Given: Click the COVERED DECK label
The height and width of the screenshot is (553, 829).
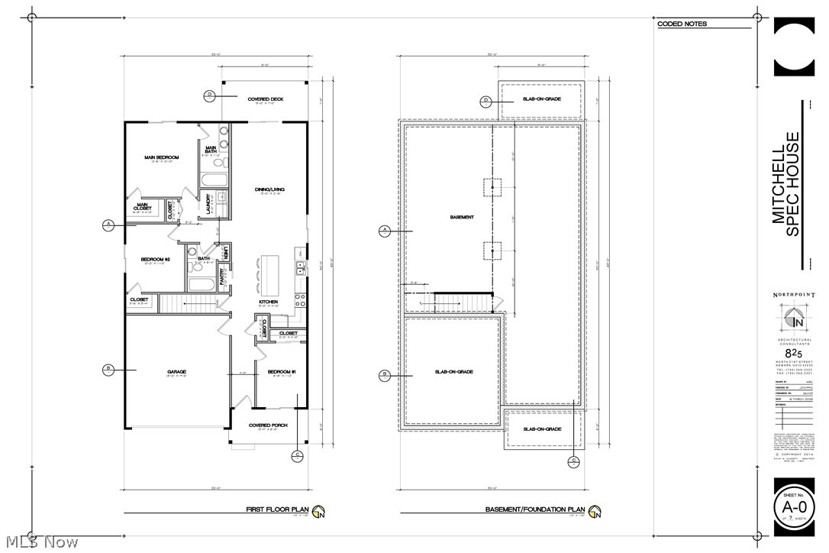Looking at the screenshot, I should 266,99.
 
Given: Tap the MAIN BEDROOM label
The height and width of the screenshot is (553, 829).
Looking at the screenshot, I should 161,158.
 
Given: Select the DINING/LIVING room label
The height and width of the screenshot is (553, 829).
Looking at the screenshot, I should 269,189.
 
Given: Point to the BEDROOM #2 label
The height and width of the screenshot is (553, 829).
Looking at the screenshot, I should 155,260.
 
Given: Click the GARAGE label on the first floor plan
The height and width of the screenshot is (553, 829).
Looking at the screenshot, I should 177,372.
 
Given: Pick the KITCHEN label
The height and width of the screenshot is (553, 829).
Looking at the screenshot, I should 268,302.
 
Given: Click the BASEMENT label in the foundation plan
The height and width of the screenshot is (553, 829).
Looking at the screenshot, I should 462,218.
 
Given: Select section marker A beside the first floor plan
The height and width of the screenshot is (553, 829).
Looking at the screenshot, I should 108,225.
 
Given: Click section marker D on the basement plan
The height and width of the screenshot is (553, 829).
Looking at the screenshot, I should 485,100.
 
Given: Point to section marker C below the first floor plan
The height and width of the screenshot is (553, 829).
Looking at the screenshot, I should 297,455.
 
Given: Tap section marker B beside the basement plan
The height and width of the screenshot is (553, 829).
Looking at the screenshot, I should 385,375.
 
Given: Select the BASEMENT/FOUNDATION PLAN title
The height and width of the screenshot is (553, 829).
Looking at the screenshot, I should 535,509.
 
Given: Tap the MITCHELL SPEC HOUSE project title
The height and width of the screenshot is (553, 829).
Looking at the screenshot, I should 785,186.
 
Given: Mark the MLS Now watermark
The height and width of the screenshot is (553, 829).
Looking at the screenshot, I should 40,542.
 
